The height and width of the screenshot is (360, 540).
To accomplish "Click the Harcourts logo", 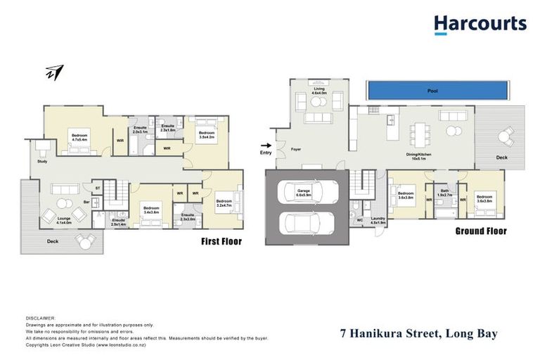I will pyautogui.click(x=480, y=25).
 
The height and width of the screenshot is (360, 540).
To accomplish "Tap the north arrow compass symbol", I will pyautogui.click(x=55, y=72).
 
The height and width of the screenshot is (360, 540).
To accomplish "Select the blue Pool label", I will pyautogui.click(x=432, y=91).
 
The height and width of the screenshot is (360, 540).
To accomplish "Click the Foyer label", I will pyautogui.click(x=297, y=148).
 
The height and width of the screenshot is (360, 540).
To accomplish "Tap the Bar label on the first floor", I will pyautogui.click(x=87, y=202).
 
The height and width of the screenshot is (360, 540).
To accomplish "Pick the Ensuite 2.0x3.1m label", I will pyautogui.click(x=140, y=129).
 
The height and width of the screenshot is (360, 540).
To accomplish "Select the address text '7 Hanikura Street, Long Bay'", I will pyautogui.click(x=417, y=334).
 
